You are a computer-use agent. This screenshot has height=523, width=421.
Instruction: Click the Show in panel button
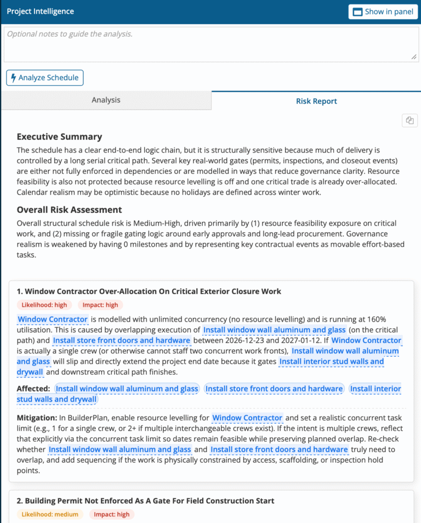click(x=383, y=12)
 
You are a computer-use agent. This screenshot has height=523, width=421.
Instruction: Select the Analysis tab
click(x=106, y=100)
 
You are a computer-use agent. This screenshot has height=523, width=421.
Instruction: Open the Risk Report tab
click(x=316, y=101)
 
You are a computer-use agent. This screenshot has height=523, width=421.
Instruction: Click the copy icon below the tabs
click(x=409, y=121)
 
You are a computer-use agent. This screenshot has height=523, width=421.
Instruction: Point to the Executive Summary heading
click(x=59, y=137)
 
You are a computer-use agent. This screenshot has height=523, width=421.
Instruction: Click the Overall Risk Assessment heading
click(x=69, y=210)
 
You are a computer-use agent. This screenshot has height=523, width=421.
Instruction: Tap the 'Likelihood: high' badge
click(x=44, y=305)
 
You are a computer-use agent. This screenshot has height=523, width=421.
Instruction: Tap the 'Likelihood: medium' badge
click(x=50, y=514)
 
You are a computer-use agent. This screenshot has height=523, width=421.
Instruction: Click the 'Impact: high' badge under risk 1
click(x=100, y=305)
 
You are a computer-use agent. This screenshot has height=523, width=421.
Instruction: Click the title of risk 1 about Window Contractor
click(x=149, y=291)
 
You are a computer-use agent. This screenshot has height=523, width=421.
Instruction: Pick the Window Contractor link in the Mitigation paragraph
click(x=247, y=418)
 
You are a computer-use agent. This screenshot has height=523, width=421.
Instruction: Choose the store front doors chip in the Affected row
click(x=274, y=389)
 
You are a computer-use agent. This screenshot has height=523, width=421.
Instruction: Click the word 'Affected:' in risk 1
click(x=34, y=389)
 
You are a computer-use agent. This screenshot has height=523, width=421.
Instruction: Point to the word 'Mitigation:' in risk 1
click(x=37, y=418)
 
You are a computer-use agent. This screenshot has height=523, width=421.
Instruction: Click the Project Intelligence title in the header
click(x=40, y=12)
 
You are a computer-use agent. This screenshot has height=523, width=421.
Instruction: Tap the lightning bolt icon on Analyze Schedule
click(x=14, y=78)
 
